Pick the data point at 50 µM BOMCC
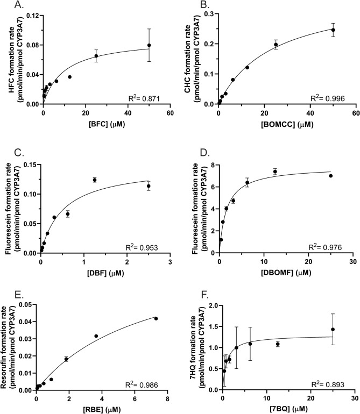tap(333, 30)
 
